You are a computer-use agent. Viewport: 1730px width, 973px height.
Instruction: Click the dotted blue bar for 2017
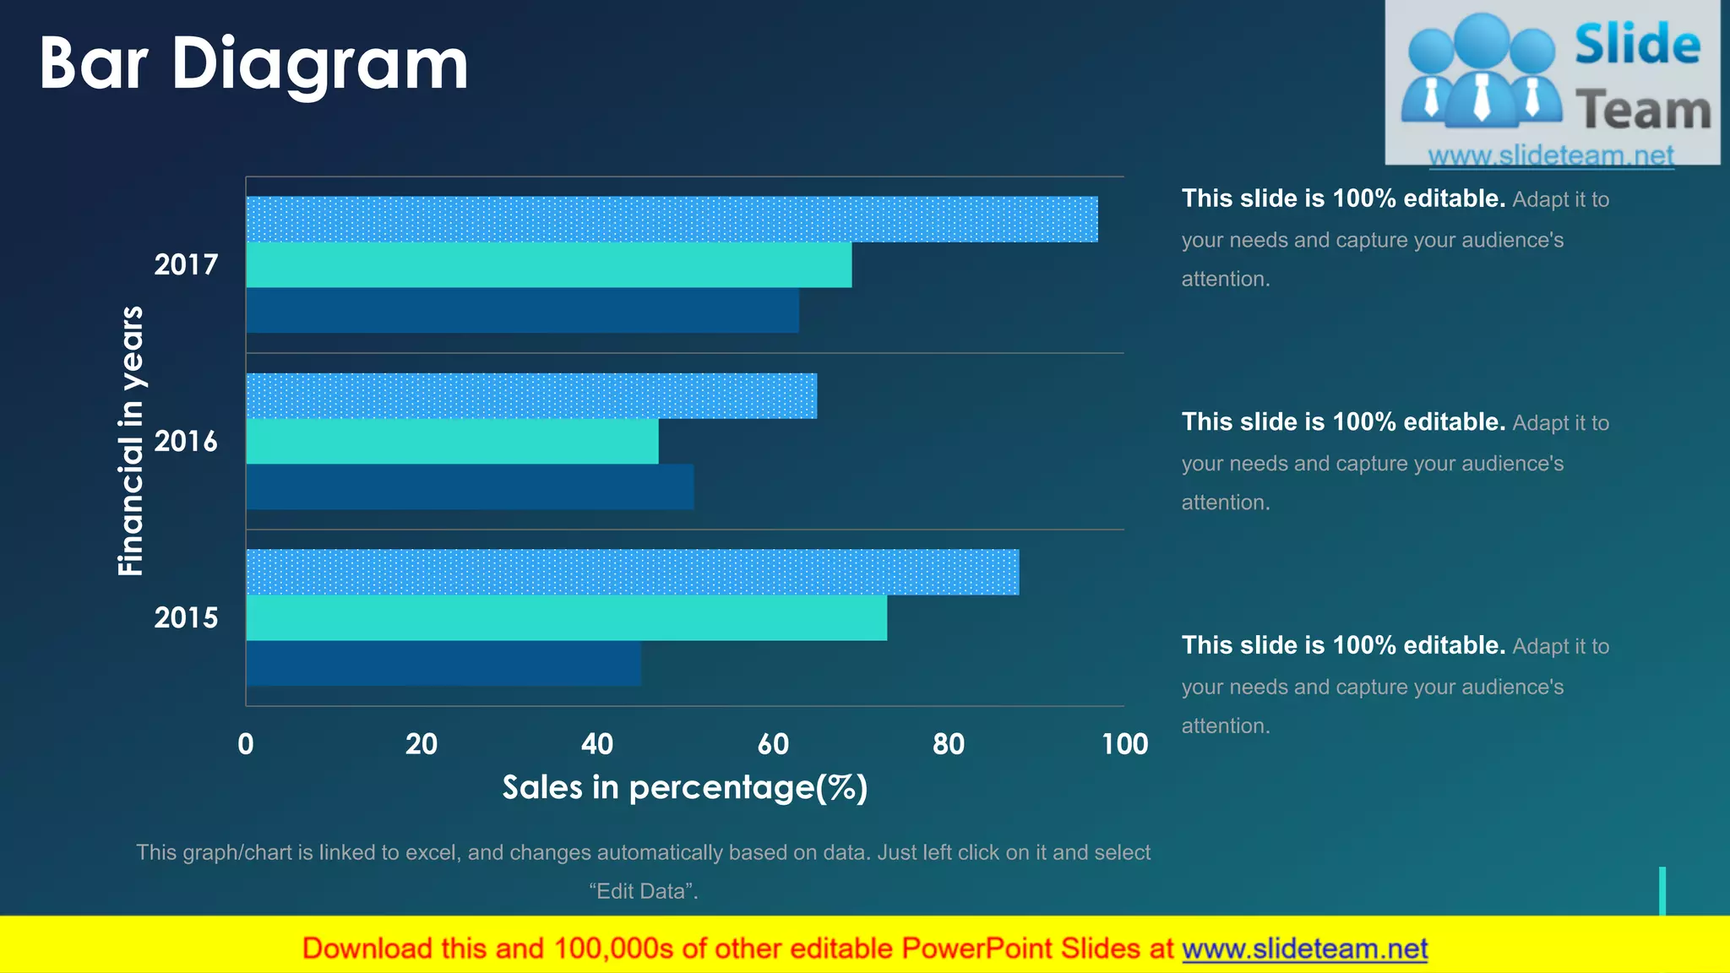click(672, 220)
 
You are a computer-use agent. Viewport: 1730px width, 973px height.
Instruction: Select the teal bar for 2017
click(549, 265)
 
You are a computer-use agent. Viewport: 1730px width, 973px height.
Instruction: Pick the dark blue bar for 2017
click(522, 310)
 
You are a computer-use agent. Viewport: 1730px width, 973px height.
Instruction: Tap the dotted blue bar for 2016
click(531, 396)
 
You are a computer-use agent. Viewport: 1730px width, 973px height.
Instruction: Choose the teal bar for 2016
click(452, 442)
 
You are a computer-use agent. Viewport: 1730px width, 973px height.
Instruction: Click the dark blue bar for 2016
click(470, 486)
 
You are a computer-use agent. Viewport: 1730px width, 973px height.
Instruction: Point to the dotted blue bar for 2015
click(632, 573)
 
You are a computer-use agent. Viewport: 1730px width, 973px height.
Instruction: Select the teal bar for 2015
click(566, 617)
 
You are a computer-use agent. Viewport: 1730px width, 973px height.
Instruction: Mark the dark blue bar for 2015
click(443, 663)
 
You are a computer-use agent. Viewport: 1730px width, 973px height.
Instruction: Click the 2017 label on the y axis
click(186, 265)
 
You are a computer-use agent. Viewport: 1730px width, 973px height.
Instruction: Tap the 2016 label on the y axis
click(186, 442)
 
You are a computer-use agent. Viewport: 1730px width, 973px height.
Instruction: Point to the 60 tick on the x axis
click(773, 744)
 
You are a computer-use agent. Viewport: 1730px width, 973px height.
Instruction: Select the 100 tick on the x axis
click(1124, 744)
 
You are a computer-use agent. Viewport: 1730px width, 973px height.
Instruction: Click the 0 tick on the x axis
click(246, 744)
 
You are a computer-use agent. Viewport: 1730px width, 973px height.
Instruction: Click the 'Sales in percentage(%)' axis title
click(685, 787)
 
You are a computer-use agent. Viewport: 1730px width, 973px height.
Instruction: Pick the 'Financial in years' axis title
click(131, 441)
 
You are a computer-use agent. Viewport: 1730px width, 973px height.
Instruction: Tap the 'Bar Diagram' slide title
click(253, 63)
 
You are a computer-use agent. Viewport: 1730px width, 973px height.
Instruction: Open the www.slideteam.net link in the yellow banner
click(1304, 949)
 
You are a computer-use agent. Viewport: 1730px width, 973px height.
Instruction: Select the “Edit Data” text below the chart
click(644, 891)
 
